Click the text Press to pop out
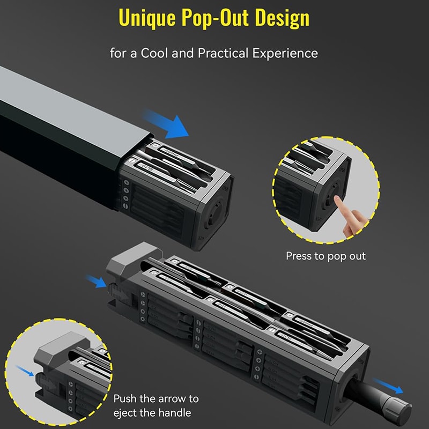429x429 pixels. pyautogui.click(x=326, y=256)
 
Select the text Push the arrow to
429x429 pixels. pyautogui.click(x=156, y=399)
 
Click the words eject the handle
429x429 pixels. pyautogui.click(x=152, y=413)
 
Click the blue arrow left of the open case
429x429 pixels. pyautogui.click(x=96, y=282)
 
